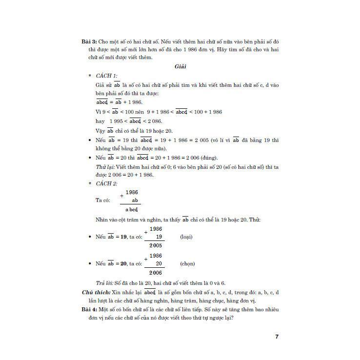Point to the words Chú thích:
tap(95, 292)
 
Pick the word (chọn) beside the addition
tap(187, 264)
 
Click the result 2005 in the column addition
tap(156, 246)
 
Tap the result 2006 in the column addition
tap(156, 273)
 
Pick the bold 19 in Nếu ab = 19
tap(124, 237)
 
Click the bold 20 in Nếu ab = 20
tap(124, 264)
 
